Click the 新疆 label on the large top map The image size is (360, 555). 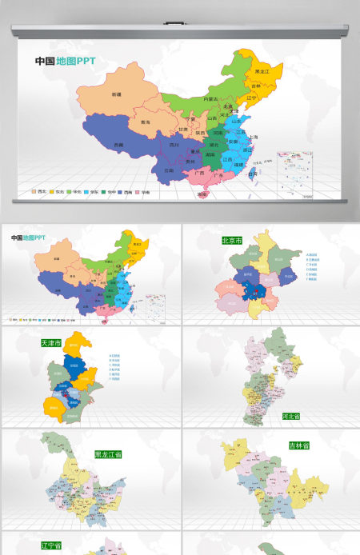[116, 94]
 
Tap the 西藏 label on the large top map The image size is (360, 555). [118, 145]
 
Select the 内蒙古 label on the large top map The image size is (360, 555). [210, 98]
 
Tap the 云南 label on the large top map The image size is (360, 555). [169, 170]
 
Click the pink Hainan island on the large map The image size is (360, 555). [203, 193]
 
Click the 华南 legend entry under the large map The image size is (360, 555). [145, 192]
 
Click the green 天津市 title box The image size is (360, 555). [53, 342]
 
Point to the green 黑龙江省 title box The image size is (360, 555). [107, 454]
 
